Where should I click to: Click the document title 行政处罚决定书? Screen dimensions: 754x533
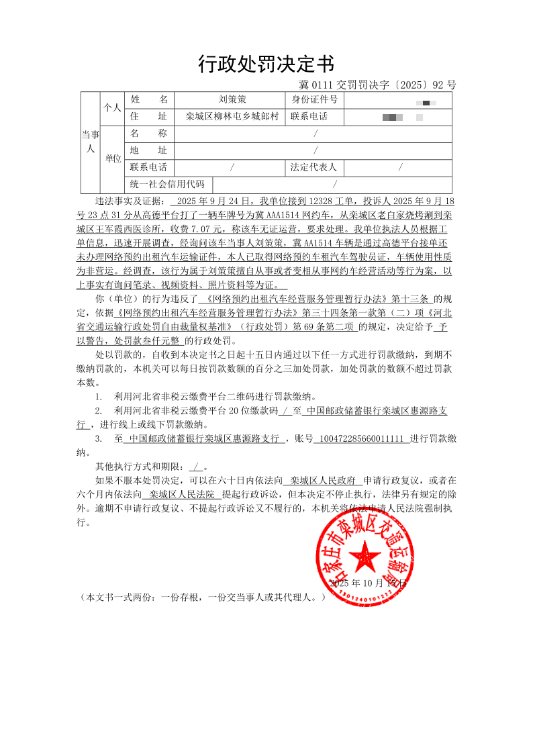(266, 64)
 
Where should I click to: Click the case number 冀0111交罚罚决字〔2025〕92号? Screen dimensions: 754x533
(377, 85)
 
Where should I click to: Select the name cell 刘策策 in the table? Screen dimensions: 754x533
(232, 100)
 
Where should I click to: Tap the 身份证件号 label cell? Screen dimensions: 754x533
(314, 100)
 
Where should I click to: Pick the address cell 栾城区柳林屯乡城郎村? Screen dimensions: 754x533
(232, 116)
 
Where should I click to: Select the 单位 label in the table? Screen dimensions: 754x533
(113, 159)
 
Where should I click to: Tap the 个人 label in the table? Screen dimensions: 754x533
(113, 108)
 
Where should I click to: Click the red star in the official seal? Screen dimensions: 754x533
(366, 557)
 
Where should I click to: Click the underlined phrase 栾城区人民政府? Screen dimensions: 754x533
(324, 480)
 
